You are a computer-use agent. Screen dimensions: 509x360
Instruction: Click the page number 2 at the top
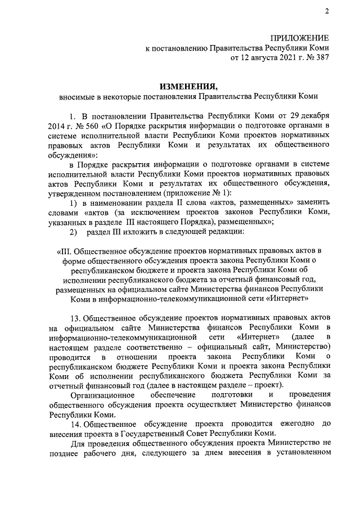pyautogui.click(x=327, y=12)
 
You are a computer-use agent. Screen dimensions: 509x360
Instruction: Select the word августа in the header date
pyautogui.click(x=260, y=57)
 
